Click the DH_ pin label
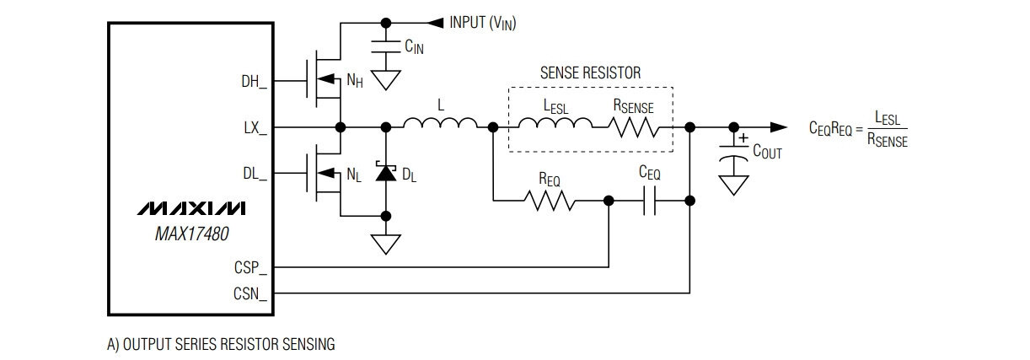pyautogui.click(x=254, y=82)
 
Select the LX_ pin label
pyautogui.click(x=255, y=128)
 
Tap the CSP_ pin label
pyautogui.click(x=250, y=267)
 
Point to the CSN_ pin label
pyautogui.click(x=250, y=293)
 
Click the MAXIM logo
pyautogui.click(x=191, y=208)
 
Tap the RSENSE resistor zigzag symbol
pyautogui.click(x=633, y=127)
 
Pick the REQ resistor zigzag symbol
pyautogui.click(x=550, y=201)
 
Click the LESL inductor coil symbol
pyautogui.click(x=555, y=123)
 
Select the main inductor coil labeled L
pyautogui.click(x=440, y=123)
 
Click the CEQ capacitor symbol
pyautogui.click(x=649, y=201)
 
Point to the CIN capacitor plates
pyautogui.click(x=386, y=46)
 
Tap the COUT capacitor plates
pyautogui.click(x=734, y=153)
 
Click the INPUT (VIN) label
pyautogui.click(x=483, y=23)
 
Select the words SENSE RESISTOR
pyautogui.click(x=590, y=73)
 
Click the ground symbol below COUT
pyautogui.click(x=734, y=185)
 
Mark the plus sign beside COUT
pyautogui.click(x=743, y=138)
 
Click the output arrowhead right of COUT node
pyautogui.click(x=779, y=127)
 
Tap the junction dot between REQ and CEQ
pyautogui.click(x=609, y=201)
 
